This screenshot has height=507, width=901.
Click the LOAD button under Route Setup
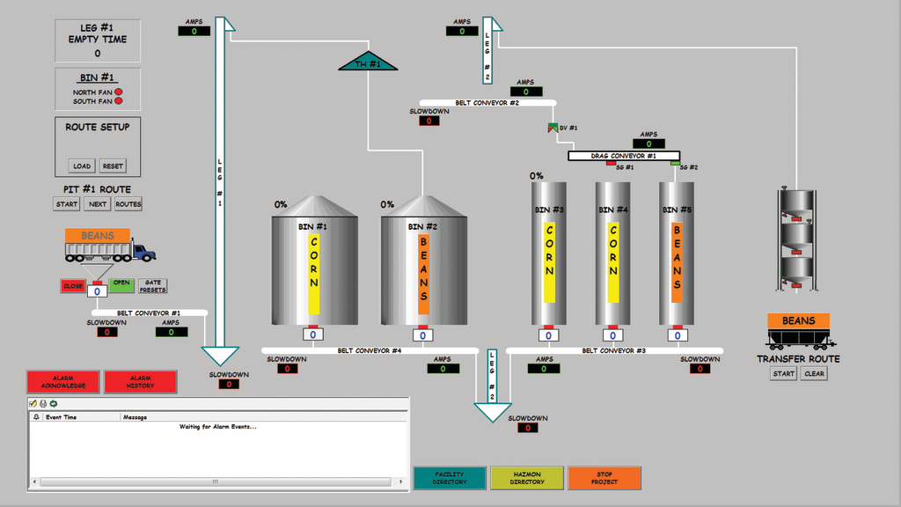[x=82, y=166]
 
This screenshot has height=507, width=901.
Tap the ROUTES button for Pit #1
[x=128, y=204]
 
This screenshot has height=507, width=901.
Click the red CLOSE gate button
[x=73, y=286]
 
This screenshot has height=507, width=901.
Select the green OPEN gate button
[x=121, y=284]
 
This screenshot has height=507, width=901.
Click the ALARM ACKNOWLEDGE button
[x=63, y=382]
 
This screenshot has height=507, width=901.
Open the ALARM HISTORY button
[x=140, y=382]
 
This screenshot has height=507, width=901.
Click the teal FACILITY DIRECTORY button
[x=450, y=478]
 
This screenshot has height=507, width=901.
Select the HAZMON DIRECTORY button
[x=527, y=478]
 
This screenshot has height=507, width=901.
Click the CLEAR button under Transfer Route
[x=814, y=373]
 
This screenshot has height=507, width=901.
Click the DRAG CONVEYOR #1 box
[x=624, y=156]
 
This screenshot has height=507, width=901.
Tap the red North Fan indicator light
[x=119, y=92]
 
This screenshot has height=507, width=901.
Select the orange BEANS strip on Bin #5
[x=678, y=261]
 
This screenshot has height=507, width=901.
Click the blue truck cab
[x=144, y=253]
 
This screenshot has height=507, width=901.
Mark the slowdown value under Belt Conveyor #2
[x=429, y=121]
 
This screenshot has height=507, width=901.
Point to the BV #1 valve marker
[x=553, y=129]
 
